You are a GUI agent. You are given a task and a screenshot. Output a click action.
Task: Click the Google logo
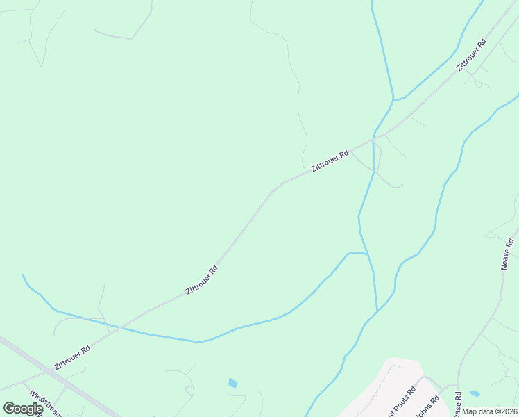tap(23, 409)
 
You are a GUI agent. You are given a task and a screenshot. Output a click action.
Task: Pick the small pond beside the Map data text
tap(475, 394)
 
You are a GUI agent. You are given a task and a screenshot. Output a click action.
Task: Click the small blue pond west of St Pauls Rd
tap(232, 383)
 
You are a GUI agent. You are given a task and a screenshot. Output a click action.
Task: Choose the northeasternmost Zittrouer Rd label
tap(471, 55)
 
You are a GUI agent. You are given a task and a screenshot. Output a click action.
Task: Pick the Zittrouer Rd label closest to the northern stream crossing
tap(330, 161)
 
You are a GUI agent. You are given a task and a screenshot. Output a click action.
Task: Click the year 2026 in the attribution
tap(507, 411)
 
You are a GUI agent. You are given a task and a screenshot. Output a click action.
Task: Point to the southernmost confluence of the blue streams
tap(377, 310)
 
